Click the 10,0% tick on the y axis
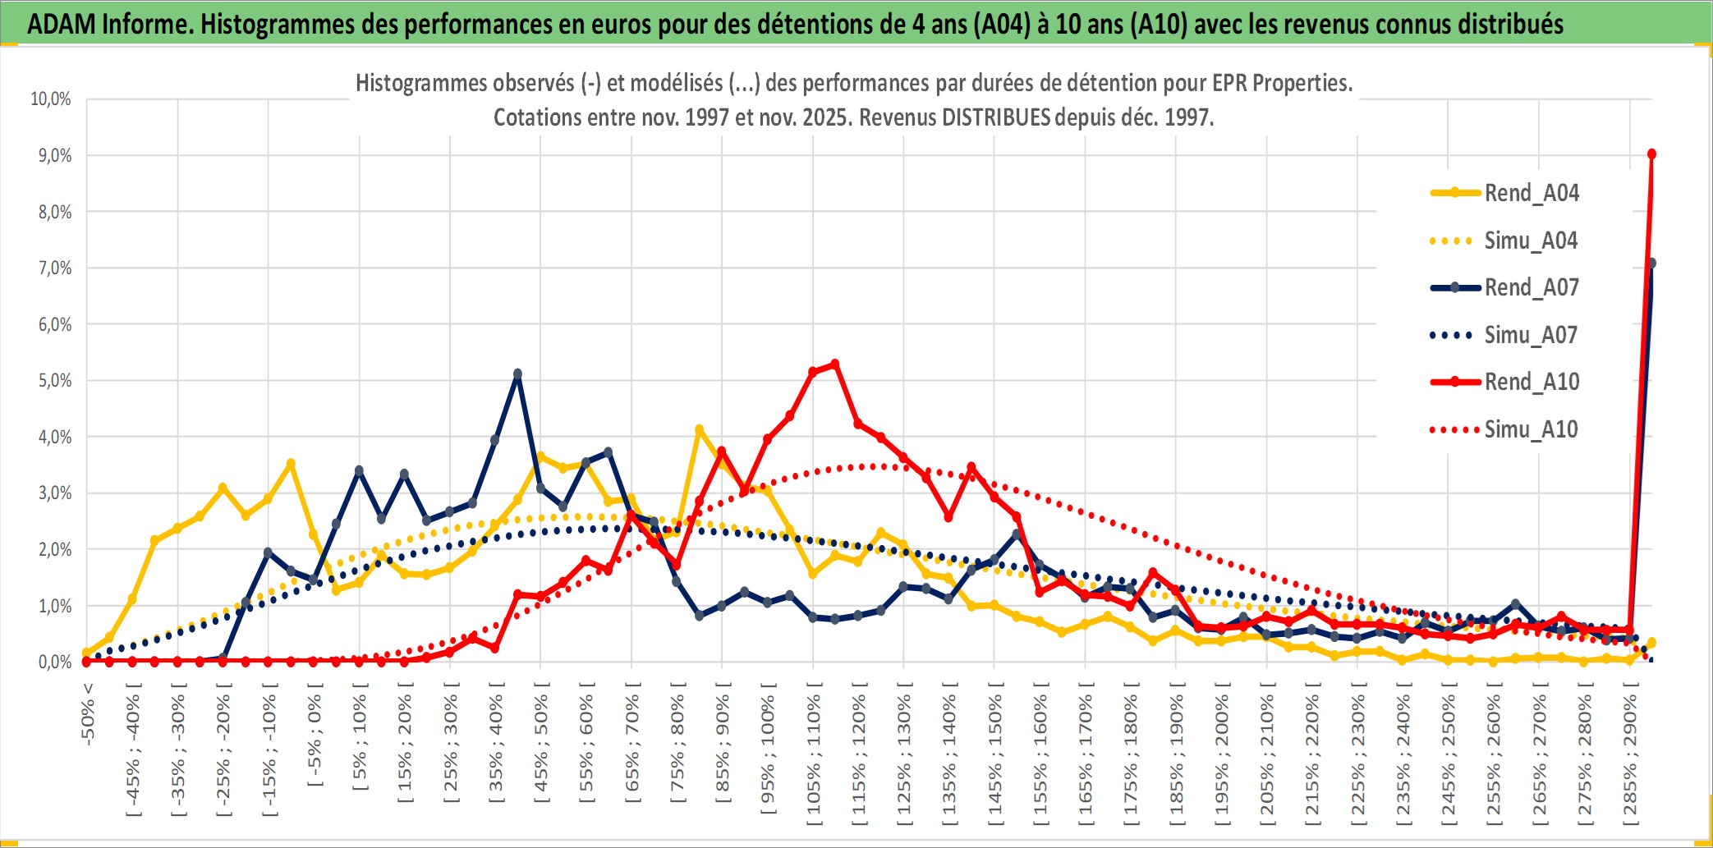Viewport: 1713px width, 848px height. pos(51,99)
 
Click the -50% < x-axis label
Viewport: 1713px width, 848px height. pos(88,713)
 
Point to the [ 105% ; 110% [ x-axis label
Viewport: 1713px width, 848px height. pos(814,755)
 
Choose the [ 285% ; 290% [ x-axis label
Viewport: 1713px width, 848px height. pos(1630,755)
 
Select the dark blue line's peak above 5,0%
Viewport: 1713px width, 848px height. pos(517,374)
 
